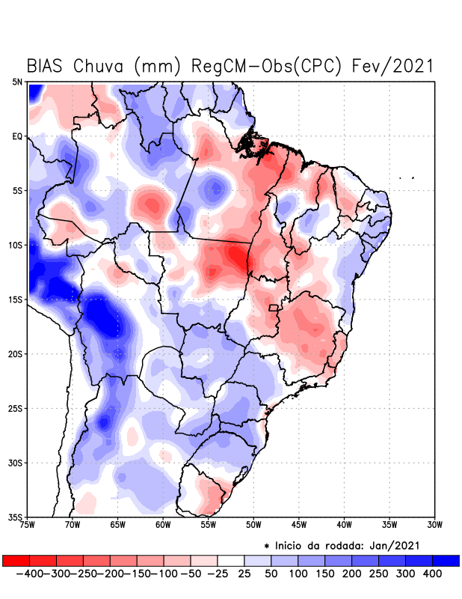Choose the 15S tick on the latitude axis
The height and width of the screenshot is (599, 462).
[16, 299]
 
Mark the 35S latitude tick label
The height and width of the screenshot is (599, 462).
[16, 517]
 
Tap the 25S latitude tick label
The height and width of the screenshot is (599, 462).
[16, 409]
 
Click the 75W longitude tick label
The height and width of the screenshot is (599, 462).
[28, 525]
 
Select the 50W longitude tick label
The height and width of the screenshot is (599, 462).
[253, 525]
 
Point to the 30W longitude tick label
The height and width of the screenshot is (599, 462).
[434, 525]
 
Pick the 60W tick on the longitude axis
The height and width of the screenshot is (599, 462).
[163, 525]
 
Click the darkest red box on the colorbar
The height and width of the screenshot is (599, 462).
[16, 560]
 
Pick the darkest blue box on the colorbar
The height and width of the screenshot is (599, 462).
[446, 560]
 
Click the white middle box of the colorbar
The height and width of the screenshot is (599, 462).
[230, 560]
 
